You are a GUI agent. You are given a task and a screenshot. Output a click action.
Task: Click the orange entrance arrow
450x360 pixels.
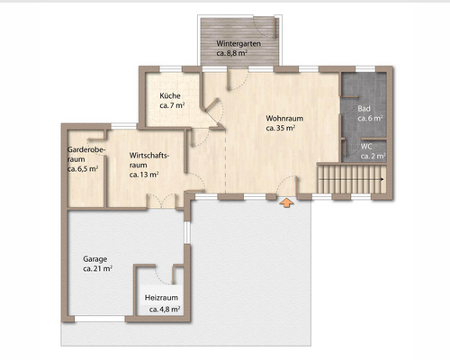pos(286,202)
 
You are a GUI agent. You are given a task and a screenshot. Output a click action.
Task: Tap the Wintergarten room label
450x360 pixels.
pos(238,43)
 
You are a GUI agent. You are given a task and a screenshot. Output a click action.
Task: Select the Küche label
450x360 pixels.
pos(170,95)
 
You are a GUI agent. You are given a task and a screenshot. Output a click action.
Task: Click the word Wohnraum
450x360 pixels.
pos(284,118)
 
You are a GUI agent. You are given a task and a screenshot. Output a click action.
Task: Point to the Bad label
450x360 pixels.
pos(364,109)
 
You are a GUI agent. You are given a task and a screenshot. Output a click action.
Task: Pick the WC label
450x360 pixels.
pos(366,147)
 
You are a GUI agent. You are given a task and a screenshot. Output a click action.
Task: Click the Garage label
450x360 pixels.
pos(95,259)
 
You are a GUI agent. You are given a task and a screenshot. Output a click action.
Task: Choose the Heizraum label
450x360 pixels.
pos(161,298)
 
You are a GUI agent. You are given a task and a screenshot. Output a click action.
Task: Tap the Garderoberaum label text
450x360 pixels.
pos(86,154)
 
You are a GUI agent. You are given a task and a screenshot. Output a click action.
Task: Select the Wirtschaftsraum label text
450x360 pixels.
pos(149,160)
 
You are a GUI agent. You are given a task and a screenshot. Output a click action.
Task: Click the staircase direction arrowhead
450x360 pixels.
pos(382,179)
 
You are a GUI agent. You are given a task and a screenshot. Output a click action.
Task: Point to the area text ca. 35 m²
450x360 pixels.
pos(281,128)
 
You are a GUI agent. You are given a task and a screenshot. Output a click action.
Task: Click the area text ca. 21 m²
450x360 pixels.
pos(97,268)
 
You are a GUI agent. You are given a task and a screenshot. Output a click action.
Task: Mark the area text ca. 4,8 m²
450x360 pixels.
pos(165,310)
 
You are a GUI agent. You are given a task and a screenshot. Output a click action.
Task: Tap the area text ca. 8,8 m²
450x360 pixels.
pos(232,53)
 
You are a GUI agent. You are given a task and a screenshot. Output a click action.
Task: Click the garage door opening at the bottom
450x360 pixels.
pos(100,319)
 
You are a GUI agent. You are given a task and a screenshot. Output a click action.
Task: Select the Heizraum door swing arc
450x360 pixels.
pos(162,277)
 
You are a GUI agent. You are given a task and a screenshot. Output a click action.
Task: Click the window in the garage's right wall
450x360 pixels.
pos(187,232)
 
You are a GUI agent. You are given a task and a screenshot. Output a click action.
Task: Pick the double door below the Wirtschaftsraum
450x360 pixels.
pos(161,201)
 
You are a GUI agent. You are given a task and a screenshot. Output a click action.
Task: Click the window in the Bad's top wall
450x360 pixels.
pos(365,69)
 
